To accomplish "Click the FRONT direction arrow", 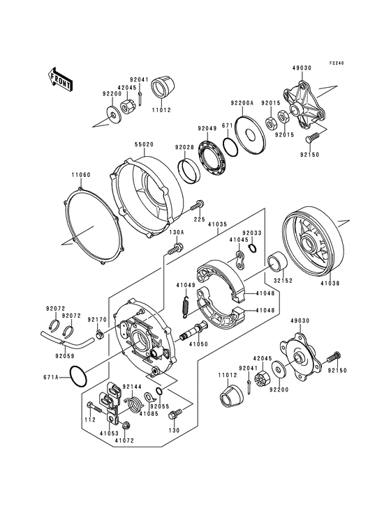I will (62, 81).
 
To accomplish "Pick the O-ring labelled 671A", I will (81, 377).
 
